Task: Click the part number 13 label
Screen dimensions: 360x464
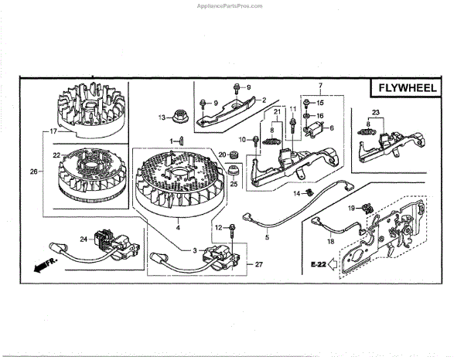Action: pos(162,117)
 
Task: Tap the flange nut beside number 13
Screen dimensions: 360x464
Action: pos(179,117)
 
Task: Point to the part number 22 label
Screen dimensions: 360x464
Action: pos(56,155)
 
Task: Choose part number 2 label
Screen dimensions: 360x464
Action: pos(263,100)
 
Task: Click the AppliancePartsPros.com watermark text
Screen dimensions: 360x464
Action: pos(232,4)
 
